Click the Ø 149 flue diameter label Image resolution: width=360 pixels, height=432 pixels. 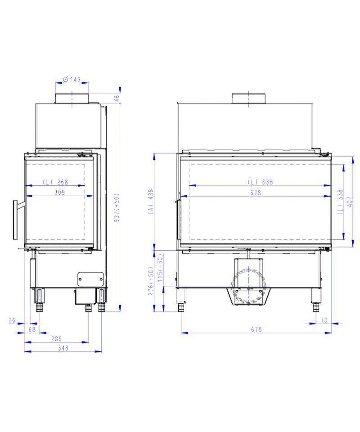(72, 79)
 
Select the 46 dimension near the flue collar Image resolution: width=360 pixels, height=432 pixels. (117, 98)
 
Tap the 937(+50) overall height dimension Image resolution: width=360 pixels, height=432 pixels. (117, 207)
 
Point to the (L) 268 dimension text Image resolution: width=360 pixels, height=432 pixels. (55, 182)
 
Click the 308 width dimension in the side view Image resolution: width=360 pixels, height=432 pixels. (59, 192)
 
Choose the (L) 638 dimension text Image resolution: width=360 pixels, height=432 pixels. (260, 182)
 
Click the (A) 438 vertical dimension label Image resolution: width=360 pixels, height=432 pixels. (151, 202)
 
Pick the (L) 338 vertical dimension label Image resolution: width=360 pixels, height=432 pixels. (341, 202)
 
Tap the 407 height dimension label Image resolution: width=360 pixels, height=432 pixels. (350, 202)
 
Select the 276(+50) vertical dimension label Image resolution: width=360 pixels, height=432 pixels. (151, 281)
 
